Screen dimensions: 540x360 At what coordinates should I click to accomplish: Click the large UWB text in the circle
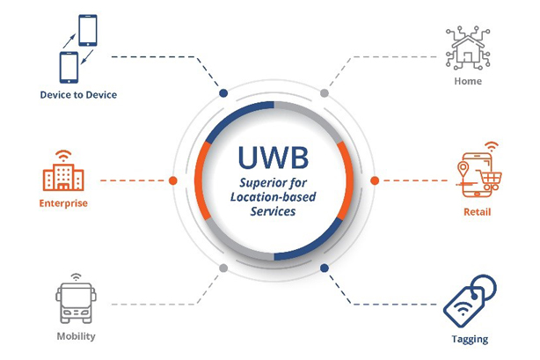274,158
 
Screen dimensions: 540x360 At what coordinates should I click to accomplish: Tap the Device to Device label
78,95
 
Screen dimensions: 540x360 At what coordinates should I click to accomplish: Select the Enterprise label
63,203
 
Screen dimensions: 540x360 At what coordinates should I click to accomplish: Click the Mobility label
77,336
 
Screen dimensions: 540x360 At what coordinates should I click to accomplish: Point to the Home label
468,81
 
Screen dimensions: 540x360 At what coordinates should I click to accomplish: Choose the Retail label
477,212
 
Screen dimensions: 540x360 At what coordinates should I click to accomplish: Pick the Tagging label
470,339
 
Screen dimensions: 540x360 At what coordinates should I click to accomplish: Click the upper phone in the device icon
88,30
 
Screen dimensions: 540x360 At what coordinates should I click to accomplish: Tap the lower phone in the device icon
69,68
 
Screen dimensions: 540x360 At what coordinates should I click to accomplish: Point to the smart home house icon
468,48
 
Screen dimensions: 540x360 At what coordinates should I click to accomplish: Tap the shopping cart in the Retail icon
491,181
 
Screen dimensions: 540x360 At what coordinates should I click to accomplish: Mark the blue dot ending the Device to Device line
223,93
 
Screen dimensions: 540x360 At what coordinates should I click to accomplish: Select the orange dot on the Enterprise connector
173,180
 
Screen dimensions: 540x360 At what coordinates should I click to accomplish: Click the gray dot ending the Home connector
325,93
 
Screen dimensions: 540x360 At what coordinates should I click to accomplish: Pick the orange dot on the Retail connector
375,180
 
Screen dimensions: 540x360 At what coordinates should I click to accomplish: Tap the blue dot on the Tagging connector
324,268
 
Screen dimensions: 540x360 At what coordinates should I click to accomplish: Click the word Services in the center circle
273,211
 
